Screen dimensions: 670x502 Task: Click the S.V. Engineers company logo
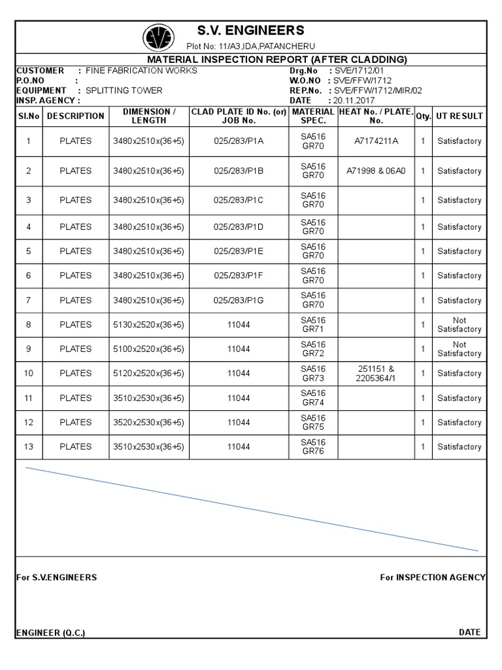click(x=158, y=37)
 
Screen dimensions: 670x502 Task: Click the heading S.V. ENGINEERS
click(x=250, y=30)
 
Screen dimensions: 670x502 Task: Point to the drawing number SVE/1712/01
click(x=360, y=71)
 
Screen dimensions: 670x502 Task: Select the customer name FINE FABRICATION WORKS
click(x=141, y=71)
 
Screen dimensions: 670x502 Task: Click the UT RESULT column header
click(x=459, y=116)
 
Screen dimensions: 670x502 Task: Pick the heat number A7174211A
click(x=376, y=141)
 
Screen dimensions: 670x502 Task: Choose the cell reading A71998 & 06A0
click(x=376, y=171)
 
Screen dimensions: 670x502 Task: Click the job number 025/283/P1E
click(x=239, y=251)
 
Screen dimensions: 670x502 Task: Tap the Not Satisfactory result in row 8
click(x=459, y=325)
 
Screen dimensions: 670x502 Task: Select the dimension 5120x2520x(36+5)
click(x=148, y=374)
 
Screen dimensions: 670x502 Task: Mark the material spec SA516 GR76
click(x=313, y=447)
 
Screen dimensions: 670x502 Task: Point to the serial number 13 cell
click(x=28, y=447)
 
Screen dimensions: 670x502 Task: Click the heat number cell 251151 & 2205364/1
click(x=376, y=374)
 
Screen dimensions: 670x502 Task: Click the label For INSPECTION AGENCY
click(x=432, y=577)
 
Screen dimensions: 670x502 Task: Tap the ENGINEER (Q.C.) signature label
click(x=50, y=633)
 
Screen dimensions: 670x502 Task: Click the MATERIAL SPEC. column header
click(x=313, y=116)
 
